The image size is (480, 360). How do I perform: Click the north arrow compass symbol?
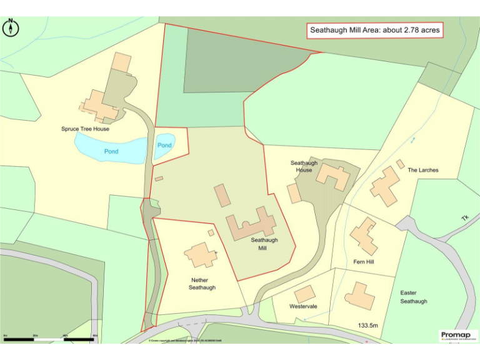(x=11, y=27)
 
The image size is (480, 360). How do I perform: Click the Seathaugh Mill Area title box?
(x=375, y=30)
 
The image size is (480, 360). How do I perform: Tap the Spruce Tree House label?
(x=85, y=129)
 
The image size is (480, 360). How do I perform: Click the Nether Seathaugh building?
(x=200, y=255)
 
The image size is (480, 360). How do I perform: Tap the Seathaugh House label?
(x=304, y=167)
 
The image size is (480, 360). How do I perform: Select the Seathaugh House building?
(x=333, y=176)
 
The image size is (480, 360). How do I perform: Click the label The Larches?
(x=423, y=170)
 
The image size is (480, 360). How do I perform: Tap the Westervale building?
(x=305, y=294)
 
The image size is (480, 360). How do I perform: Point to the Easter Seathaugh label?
(x=413, y=297)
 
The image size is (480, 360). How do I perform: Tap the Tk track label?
(x=464, y=217)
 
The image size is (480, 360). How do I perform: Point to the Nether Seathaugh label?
(x=202, y=284)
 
